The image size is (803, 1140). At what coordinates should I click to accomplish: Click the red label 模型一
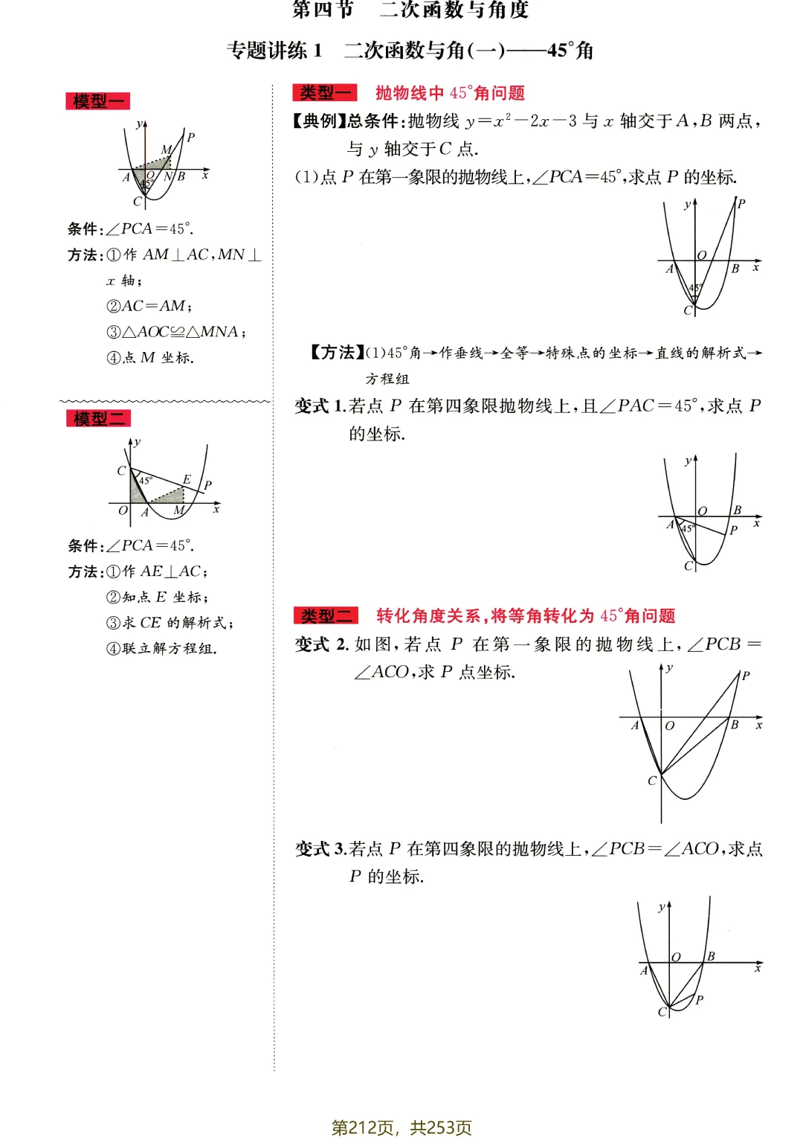(97, 101)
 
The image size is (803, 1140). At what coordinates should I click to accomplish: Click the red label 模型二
(98, 418)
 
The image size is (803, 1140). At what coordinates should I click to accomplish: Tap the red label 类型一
(325, 93)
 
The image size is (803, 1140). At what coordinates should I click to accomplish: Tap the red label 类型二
(326, 615)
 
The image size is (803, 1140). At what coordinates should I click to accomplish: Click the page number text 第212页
(362, 1127)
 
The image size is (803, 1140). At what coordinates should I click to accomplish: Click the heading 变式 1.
(320, 406)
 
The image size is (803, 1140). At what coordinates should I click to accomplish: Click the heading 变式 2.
(321, 644)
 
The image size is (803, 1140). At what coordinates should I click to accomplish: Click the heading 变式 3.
(320, 849)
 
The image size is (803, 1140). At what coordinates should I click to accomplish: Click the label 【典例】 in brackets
(319, 121)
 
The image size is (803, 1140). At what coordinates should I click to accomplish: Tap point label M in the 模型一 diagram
(166, 150)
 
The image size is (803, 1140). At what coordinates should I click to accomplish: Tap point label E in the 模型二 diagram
(187, 479)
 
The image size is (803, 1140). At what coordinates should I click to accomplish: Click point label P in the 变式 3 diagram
(699, 999)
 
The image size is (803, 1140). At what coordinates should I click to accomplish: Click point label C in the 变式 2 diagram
(652, 781)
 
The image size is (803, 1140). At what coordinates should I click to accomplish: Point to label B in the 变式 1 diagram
(737, 510)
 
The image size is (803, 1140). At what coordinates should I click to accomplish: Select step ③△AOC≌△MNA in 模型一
(175, 332)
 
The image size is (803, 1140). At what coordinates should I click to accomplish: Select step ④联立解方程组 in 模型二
(161, 649)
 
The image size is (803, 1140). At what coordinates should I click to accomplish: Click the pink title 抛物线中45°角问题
(450, 93)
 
